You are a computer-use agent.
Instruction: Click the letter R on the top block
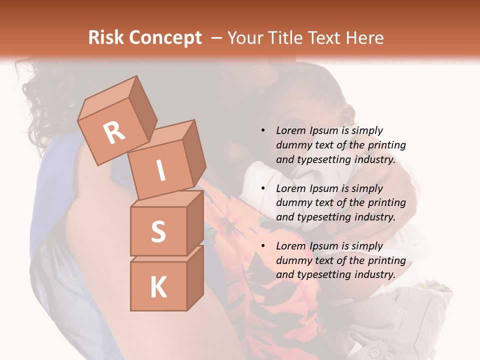tap(114, 132)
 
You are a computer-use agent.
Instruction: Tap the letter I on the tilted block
tap(161, 170)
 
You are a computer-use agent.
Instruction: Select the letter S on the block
tap(158, 231)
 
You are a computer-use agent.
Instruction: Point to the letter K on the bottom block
tap(158, 287)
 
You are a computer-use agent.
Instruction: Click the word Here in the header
tap(365, 37)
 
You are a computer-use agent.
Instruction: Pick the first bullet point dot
tap(263, 130)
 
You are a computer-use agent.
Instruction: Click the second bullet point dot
tap(263, 188)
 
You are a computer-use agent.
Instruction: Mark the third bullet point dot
tap(263, 246)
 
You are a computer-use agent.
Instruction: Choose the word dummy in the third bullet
tap(292, 260)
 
